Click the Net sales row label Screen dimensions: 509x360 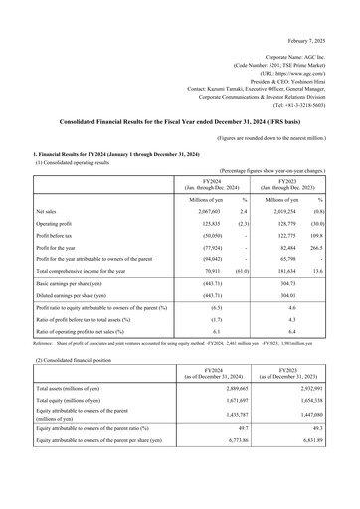click(x=47, y=212)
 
